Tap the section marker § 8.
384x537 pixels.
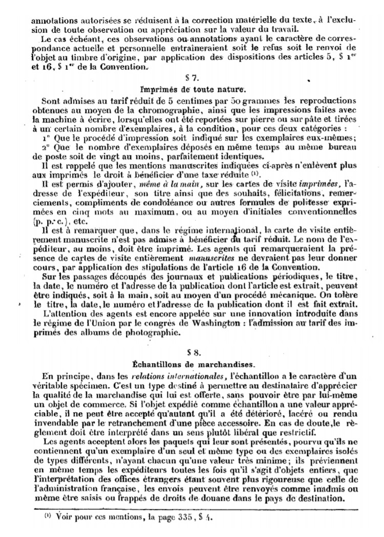[x=192, y=353]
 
